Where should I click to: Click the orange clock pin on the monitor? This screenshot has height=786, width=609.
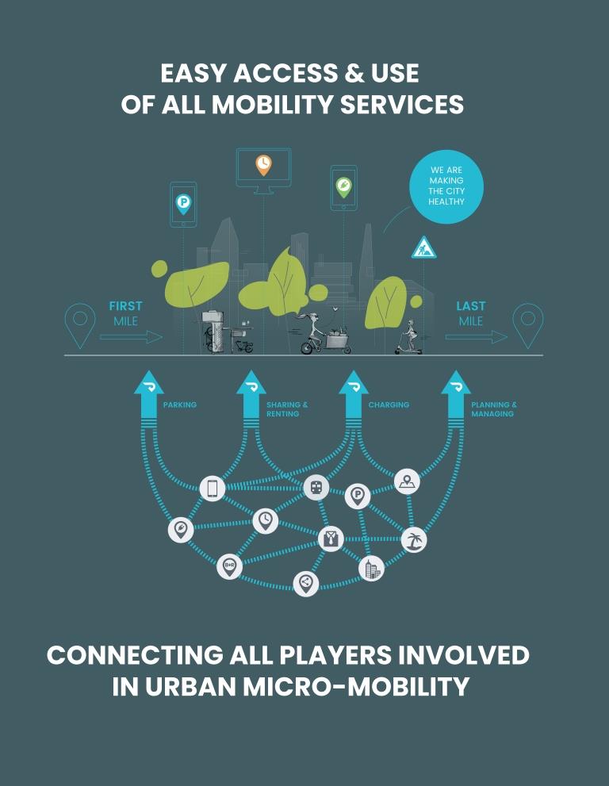pos(263,164)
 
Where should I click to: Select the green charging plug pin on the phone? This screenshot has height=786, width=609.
pos(343,187)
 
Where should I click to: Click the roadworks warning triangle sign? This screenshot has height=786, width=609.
pos(423,248)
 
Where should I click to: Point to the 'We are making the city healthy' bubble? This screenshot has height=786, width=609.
pos(446,186)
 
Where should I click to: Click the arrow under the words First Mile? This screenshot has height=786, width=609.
pos(131,337)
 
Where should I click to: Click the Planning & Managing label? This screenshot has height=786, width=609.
pos(493,409)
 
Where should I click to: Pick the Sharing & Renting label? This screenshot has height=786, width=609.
pos(287,409)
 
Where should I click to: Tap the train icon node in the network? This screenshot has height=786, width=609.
pos(316,488)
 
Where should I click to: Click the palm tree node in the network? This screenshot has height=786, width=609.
pos(413,540)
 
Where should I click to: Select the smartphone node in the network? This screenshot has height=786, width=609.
pos(212,489)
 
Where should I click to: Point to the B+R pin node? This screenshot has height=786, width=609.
pos(229,566)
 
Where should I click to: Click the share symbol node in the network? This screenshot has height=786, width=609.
pos(305,584)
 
